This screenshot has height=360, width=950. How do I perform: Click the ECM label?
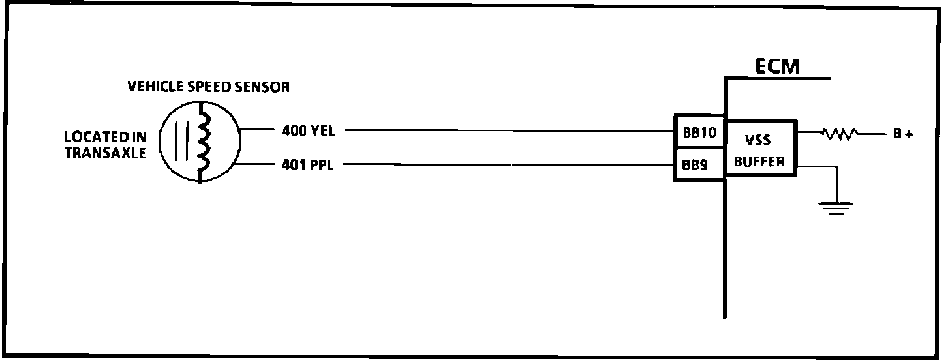777,66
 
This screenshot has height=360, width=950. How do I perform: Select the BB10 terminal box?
700,134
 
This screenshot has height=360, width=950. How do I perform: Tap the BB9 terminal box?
700,165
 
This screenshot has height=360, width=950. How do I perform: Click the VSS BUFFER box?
760,148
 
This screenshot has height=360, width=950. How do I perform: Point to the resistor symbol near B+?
840,134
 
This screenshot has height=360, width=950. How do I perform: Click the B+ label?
902,134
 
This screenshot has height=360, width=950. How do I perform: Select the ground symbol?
836,208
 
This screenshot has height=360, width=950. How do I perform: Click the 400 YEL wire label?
308,130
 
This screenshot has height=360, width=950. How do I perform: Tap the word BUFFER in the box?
759,162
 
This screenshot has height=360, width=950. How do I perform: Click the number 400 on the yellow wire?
294,130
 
